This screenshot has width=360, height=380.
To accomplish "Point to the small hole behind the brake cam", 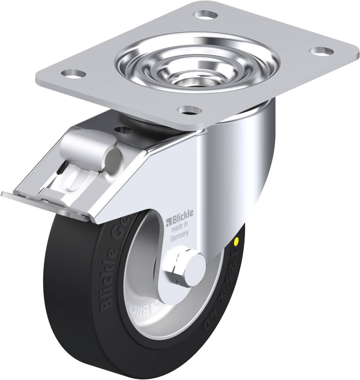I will pyautogui.click(x=124, y=130).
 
